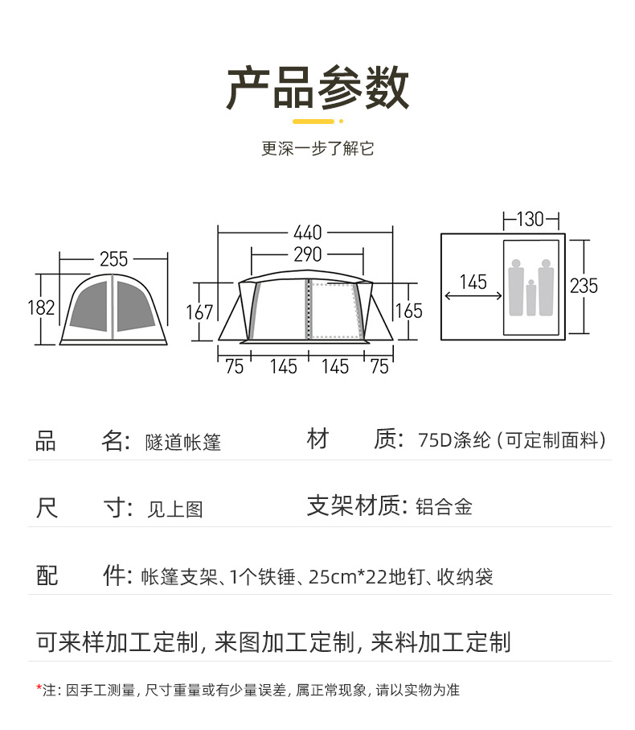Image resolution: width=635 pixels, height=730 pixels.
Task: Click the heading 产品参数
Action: tap(317, 88)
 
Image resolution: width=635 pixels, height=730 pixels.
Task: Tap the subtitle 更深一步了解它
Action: tap(317, 149)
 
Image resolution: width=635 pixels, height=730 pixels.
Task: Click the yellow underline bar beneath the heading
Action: tap(313, 122)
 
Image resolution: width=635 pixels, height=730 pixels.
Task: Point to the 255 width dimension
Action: tap(114, 259)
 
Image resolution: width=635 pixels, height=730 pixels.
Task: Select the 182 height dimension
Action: tap(41, 307)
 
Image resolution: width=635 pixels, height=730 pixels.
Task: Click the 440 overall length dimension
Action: tap(307, 233)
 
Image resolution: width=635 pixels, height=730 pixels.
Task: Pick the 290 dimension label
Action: tap(307, 255)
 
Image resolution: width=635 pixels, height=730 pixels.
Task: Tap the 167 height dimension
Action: tap(200, 311)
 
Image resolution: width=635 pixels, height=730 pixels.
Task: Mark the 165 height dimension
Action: tap(408, 311)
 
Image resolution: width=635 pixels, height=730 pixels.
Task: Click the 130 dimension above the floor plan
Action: tap(531, 219)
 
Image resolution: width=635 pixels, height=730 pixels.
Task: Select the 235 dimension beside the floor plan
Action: tap(584, 286)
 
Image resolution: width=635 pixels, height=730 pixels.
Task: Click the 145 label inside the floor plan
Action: tap(473, 283)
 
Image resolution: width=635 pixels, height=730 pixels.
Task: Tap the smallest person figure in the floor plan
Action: tap(531, 298)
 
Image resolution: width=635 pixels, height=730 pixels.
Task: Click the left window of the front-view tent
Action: tap(89, 305)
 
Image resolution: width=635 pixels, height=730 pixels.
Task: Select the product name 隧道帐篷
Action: tap(183, 442)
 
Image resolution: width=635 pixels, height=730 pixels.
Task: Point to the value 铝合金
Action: tap(444, 507)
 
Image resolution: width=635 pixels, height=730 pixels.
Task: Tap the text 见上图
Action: tap(175, 509)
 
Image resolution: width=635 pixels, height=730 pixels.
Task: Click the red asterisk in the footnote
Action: tap(39, 688)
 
